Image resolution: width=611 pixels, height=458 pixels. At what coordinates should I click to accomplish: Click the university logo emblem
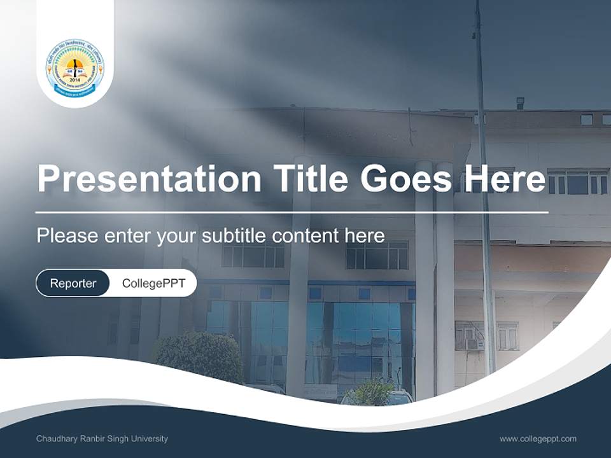(74, 68)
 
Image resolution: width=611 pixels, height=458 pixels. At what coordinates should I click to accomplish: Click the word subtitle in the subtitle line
(234, 236)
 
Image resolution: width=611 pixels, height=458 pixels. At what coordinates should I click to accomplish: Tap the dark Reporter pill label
(73, 283)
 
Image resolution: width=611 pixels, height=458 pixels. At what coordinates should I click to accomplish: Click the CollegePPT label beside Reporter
(153, 283)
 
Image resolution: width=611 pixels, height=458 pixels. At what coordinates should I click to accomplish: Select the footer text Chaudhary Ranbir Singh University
(102, 439)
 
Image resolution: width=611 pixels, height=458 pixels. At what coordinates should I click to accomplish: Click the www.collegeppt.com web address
(538, 439)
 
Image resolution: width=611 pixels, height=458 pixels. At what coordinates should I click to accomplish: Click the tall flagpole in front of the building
(484, 191)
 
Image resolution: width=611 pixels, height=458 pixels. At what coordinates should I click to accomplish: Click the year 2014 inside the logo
(75, 81)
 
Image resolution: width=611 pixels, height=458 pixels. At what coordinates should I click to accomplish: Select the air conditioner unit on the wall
(473, 344)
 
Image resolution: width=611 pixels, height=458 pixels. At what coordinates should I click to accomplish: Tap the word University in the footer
(150, 439)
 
